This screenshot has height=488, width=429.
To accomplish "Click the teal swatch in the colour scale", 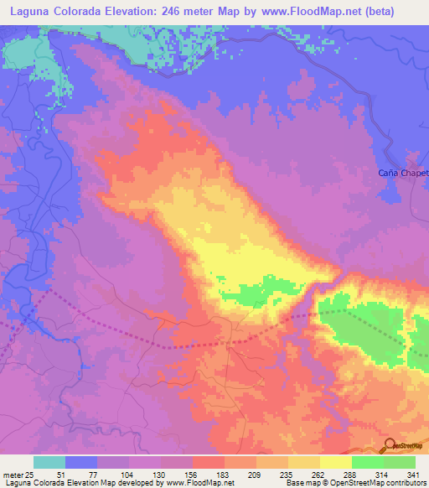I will click(x=49, y=462).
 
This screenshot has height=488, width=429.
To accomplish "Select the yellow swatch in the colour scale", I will click(x=335, y=462).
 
